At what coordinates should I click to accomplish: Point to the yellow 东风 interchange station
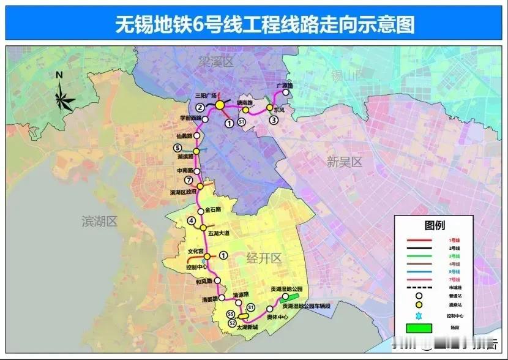coord(269,108)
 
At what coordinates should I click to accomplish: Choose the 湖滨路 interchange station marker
coord(196,151)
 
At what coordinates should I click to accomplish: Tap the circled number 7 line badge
coord(189,180)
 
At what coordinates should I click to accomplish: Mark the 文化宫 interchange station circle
coord(207,256)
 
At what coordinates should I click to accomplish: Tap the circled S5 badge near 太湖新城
coord(231,315)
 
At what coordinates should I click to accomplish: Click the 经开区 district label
coord(264,258)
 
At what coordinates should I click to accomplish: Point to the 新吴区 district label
coord(345,162)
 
